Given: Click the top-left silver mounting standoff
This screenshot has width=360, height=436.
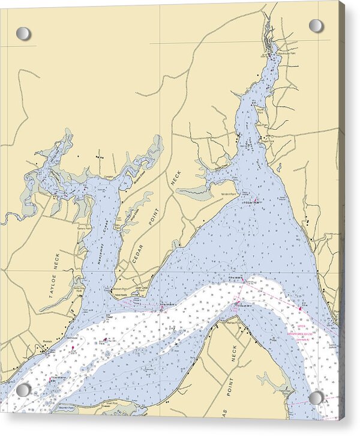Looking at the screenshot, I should click(x=23, y=34).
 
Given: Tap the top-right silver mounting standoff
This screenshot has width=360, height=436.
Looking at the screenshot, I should click(x=316, y=26).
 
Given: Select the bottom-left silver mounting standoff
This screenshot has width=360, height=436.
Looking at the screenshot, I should click(x=23, y=390).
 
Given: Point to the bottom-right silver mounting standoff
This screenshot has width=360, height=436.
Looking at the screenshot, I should click(x=316, y=397).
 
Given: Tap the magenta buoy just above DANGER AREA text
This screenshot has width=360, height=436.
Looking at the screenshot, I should click(x=300, y=309).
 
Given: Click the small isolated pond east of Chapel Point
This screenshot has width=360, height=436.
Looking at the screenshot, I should click(x=279, y=168).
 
